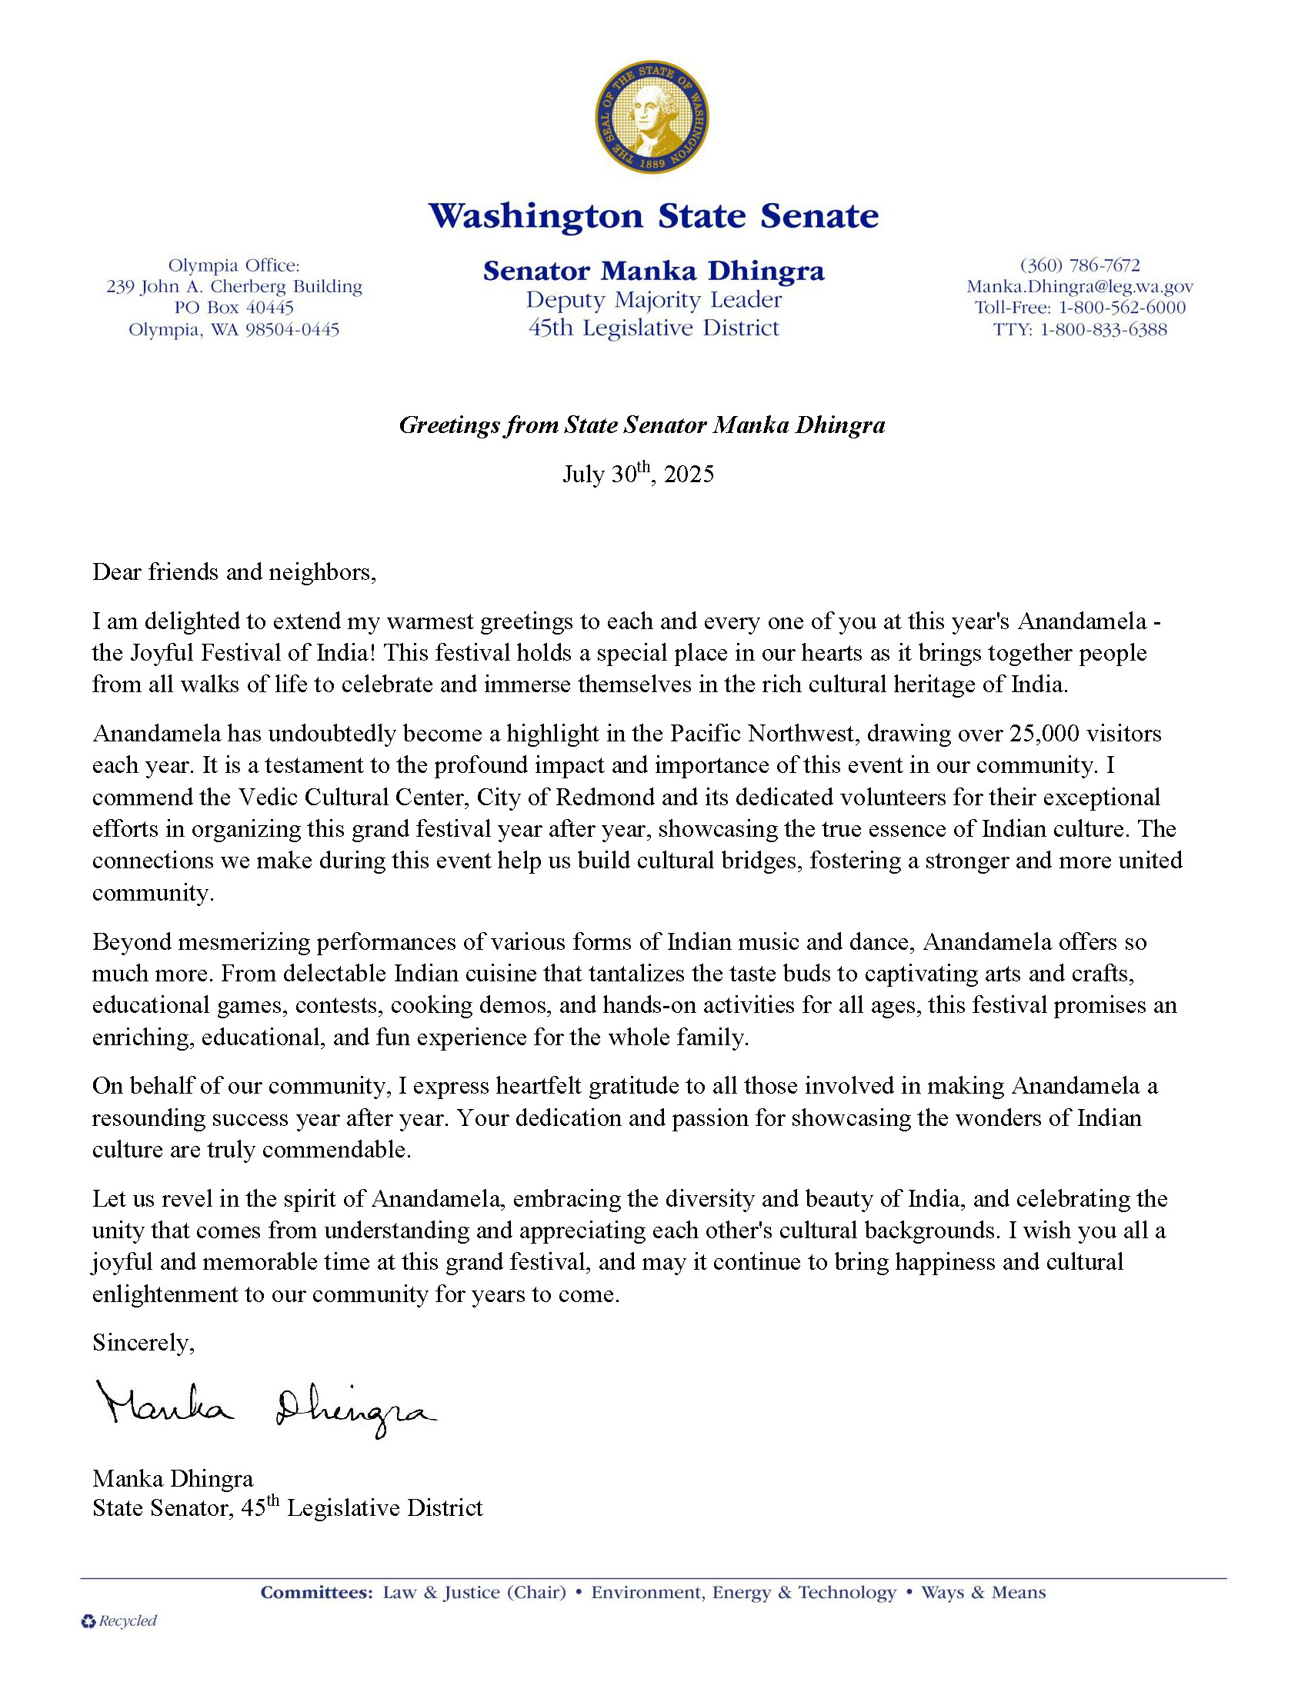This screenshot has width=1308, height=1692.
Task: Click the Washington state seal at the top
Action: (652, 117)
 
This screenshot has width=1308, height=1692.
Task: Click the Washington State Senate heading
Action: (653, 216)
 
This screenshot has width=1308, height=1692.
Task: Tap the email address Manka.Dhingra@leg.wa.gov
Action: (1079, 287)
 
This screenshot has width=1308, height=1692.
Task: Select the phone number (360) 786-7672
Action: (1079, 266)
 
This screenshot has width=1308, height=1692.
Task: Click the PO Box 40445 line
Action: (234, 308)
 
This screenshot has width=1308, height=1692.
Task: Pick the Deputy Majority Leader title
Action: (653, 300)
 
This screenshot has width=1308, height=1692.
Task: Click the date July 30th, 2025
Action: (638, 473)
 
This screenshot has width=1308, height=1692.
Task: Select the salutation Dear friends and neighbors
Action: (234, 572)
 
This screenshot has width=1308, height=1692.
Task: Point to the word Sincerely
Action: (143, 1343)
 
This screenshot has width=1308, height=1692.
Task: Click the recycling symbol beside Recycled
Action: (88, 1620)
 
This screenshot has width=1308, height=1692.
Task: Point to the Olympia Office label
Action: (234, 266)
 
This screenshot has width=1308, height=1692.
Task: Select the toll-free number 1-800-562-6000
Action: (1121, 308)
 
